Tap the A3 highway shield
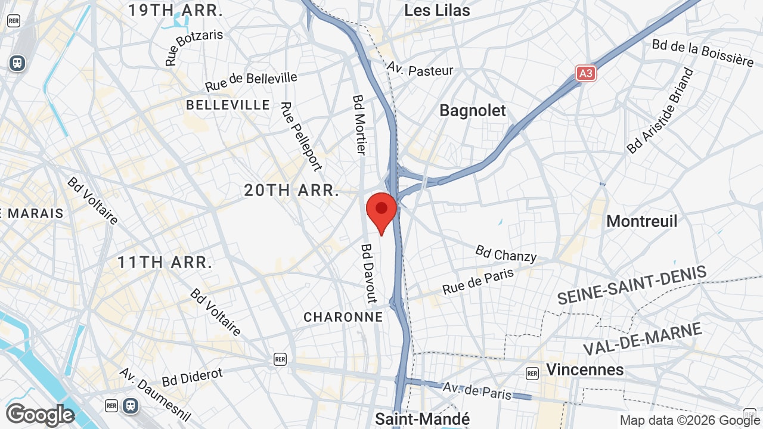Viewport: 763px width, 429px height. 586,73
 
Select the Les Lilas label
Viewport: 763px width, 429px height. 437,10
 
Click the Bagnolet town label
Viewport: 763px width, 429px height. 472,110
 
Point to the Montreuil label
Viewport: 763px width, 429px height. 641,221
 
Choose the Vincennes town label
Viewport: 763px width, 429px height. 585,369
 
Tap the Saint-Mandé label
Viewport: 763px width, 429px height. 423,419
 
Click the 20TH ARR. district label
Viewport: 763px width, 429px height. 291,191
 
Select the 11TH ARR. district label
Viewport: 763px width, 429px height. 165,262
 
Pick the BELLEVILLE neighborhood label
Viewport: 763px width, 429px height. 228,105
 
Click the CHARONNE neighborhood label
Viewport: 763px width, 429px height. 343,317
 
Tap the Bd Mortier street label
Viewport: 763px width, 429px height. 359,125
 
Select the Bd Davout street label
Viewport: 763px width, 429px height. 370,273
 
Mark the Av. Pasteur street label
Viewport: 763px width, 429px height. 420,69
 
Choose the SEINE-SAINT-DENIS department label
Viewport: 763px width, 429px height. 632,285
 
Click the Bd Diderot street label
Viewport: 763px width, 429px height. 192,377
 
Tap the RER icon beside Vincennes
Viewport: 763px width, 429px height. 532,373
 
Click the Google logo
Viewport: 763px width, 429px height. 40,415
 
